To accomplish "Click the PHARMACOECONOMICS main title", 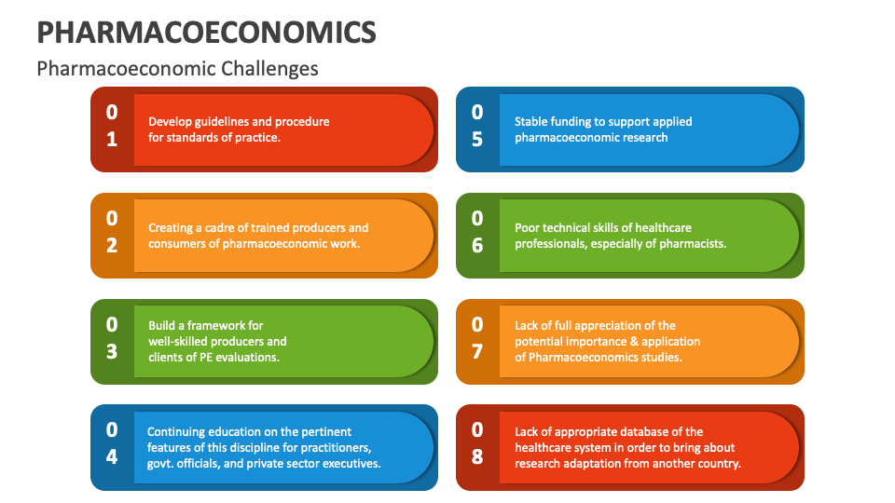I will [206, 32].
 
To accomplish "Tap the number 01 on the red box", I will [112, 126].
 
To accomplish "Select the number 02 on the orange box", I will [112, 232].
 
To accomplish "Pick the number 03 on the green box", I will [112, 338].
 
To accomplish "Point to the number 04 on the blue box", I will [112, 443].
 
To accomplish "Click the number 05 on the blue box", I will [477, 126].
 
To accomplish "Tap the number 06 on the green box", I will [477, 232].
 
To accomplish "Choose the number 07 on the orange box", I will [477, 338].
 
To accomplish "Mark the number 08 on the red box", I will [477, 443].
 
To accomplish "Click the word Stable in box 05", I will [532, 121].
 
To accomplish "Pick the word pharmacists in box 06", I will [692, 244].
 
